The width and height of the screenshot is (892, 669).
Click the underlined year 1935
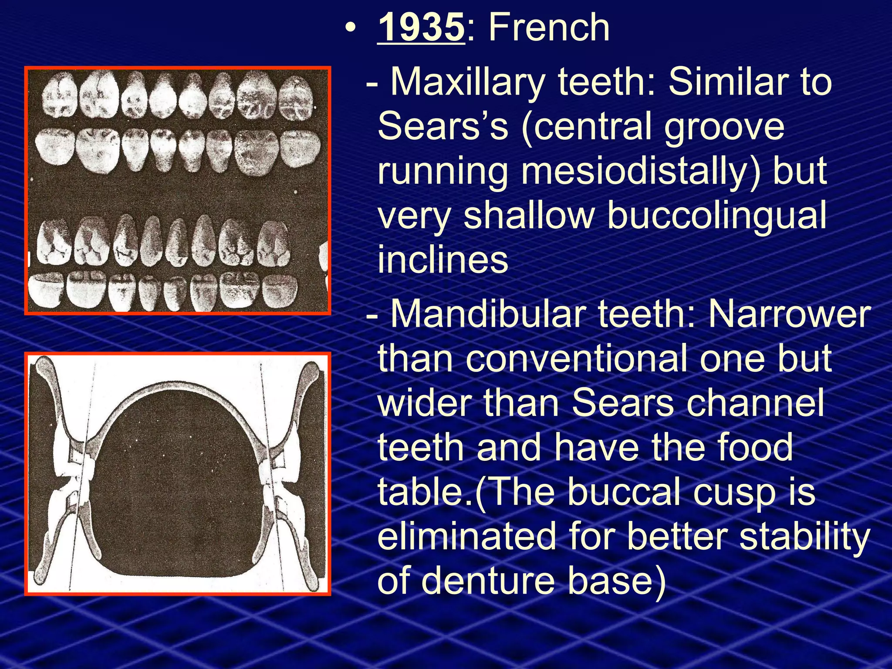coord(421,27)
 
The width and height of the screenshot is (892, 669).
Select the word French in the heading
coord(549,27)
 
